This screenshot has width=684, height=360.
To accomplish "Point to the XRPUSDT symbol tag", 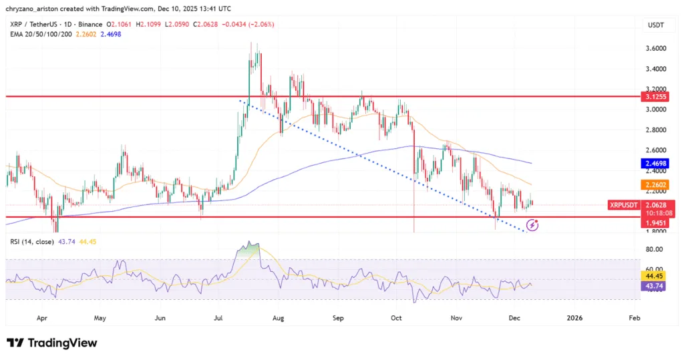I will (624, 205).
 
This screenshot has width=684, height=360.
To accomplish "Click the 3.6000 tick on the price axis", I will (655, 48).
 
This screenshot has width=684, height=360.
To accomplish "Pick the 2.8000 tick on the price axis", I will (655, 130).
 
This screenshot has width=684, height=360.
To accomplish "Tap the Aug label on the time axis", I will (279, 319).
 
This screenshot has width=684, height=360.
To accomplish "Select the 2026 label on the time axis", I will (574, 319).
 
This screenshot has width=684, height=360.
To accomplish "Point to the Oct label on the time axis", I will (397, 319).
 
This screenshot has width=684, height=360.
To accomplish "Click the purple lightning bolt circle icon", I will (532, 225).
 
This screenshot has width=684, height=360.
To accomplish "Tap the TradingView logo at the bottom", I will (52, 343).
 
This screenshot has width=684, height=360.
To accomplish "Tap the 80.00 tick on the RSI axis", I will (655, 249).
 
